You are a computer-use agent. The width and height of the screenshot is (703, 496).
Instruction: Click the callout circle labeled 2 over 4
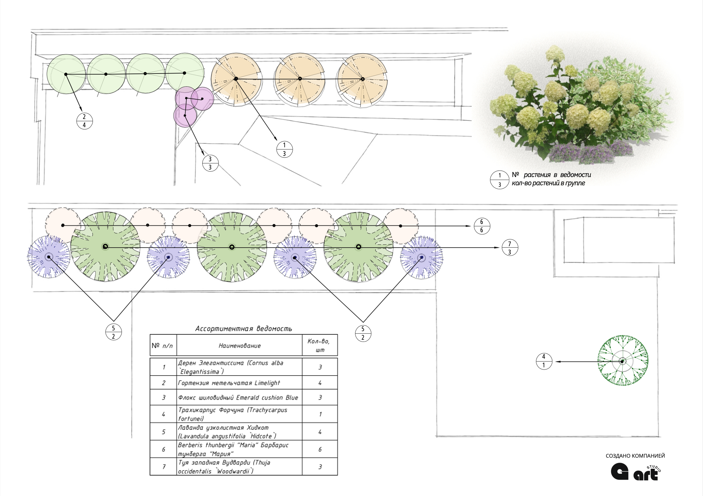click(84, 121)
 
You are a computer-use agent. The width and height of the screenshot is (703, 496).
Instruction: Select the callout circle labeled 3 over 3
click(210, 163)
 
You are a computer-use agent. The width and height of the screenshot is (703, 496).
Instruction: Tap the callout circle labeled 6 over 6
click(481, 226)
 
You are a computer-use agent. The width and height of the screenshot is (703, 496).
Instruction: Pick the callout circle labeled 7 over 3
click(509, 248)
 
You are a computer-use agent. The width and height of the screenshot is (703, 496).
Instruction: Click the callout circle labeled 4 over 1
click(544, 361)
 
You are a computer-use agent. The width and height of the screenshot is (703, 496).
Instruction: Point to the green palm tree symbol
click(623, 361)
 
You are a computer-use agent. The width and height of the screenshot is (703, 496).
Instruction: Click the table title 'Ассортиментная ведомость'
click(244, 329)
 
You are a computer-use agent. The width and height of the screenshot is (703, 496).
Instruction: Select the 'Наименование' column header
click(240, 346)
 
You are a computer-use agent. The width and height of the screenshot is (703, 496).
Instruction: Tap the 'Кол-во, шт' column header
click(319, 345)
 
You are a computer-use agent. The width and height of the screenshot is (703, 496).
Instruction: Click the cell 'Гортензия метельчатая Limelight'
click(229, 383)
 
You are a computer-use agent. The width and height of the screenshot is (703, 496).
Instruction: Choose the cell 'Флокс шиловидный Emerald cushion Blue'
click(238, 398)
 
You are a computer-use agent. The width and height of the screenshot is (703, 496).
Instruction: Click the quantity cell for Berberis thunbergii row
click(320, 449)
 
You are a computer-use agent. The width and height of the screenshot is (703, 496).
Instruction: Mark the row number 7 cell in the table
click(164, 467)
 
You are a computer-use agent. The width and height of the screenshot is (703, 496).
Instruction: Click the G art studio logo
click(636, 472)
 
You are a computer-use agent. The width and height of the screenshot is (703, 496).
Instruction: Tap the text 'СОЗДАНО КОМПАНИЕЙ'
click(635, 456)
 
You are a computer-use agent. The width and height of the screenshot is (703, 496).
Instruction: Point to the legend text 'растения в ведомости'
click(557, 175)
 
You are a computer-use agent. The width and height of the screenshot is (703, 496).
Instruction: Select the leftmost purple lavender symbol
click(49, 257)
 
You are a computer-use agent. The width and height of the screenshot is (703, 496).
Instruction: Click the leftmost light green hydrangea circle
click(66, 74)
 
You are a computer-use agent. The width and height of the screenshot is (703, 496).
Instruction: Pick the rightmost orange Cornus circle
click(362, 79)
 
